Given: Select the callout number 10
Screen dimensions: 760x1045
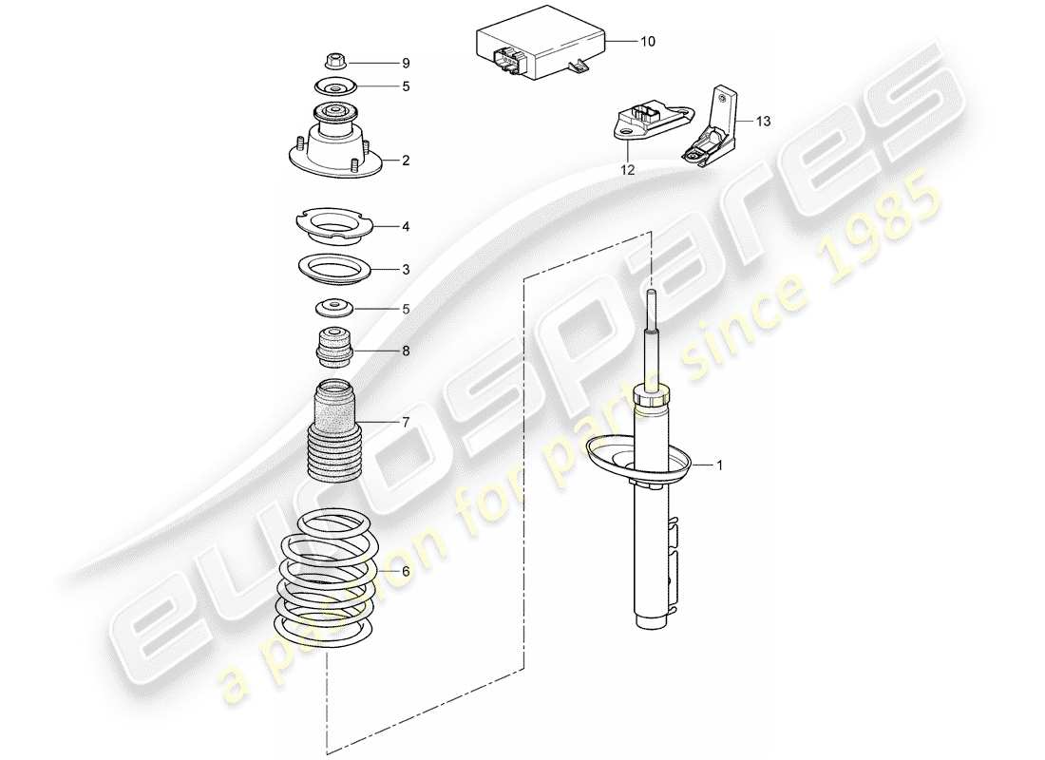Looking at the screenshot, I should [647, 42].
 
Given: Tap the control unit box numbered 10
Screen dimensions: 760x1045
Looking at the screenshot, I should [537, 49].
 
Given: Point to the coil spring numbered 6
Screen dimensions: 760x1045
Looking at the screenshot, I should [327, 575].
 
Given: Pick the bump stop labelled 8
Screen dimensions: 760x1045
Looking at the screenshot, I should [333, 348].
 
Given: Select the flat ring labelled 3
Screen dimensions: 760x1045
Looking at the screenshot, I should [333, 268].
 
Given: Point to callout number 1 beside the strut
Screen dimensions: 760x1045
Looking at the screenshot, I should [719, 465].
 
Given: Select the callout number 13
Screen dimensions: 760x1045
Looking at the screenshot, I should [765, 122].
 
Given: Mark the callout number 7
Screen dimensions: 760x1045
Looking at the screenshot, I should [406, 421].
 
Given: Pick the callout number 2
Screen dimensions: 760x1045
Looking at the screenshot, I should [406, 161].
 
